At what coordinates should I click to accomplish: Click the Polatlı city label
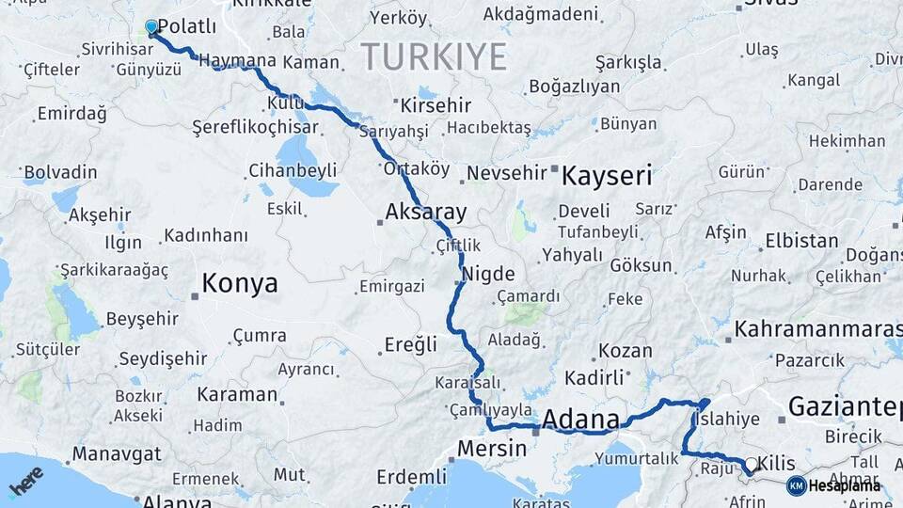187,26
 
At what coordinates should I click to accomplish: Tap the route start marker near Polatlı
151,28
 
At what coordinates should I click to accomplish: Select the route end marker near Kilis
750,464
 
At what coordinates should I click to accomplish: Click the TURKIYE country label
435,56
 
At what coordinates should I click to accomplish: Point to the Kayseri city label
607,175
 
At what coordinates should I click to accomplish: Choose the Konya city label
240,283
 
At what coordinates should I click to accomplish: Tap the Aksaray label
425,211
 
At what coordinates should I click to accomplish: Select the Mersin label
491,449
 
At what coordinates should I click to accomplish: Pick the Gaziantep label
844,406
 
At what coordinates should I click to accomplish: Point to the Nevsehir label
506,173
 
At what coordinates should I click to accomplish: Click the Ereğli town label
410,344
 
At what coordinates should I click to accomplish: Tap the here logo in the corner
25,481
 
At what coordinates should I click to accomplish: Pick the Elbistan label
801,241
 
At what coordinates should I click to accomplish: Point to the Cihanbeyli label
293,171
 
